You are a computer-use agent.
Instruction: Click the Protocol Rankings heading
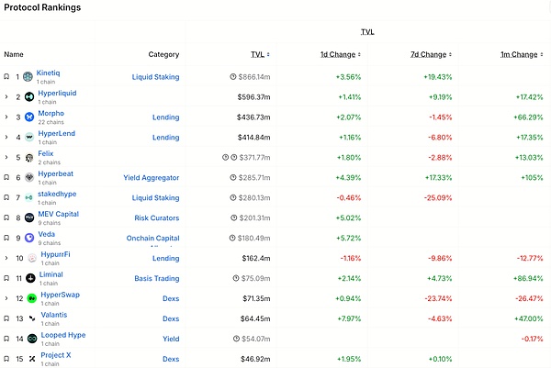pyautogui.click(x=41, y=7)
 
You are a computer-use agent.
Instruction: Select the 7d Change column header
pyautogui.click(x=428, y=55)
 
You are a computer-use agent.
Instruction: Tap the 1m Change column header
pyautogui.click(x=519, y=55)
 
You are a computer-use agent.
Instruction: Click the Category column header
pyautogui.click(x=163, y=55)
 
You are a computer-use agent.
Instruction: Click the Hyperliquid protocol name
pyautogui.click(x=57, y=93)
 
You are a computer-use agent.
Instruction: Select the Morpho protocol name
pyautogui.click(x=51, y=113)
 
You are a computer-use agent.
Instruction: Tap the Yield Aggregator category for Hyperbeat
pyautogui.click(x=152, y=177)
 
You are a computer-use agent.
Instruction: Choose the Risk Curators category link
pyautogui.click(x=153, y=217)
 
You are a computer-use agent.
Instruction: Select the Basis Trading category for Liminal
pyautogui.click(x=154, y=278)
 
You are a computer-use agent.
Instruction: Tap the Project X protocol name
pyautogui.click(x=55, y=355)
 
